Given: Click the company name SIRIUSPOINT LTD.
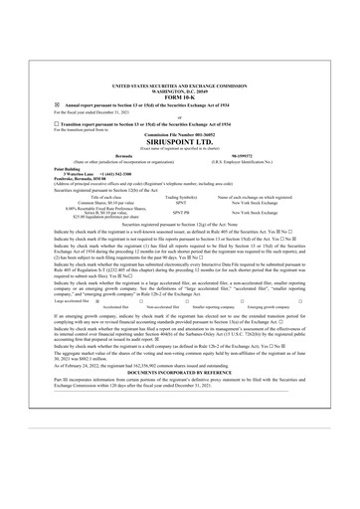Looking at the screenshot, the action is (x=180, y=142).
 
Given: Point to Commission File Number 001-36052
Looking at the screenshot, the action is (x=180, y=134).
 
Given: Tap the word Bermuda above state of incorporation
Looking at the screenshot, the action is (x=116, y=156).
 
